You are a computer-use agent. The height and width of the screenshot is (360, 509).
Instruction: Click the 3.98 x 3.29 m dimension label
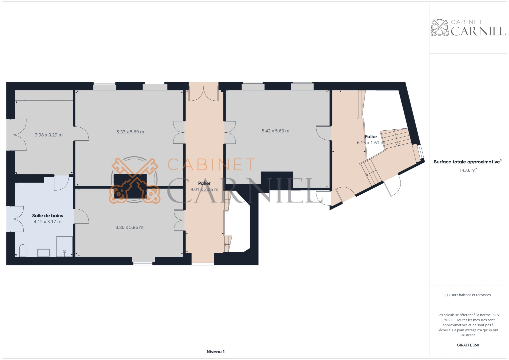(49, 135)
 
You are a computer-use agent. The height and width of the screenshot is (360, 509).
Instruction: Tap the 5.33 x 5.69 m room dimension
(130, 132)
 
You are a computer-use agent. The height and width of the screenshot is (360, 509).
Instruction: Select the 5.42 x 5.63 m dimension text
(276, 131)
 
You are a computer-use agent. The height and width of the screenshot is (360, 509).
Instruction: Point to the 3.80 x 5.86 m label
(129, 227)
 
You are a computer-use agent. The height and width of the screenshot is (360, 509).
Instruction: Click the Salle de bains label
(48, 216)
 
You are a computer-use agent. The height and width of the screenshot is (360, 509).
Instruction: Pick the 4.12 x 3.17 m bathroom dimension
(48, 222)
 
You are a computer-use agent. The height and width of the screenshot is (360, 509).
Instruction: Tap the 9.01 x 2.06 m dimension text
(204, 189)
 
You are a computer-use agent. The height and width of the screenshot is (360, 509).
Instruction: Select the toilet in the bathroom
(23, 251)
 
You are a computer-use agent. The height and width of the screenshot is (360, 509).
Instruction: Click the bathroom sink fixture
(44, 253)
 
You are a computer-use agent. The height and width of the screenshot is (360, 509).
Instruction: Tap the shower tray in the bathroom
(64, 246)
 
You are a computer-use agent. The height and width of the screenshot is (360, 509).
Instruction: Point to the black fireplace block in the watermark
(130, 186)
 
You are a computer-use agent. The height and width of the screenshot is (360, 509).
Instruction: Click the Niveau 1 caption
(215, 352)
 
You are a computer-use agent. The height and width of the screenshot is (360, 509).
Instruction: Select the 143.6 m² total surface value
(468, 170)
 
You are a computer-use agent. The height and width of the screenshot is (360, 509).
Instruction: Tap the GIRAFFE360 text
(468, 345)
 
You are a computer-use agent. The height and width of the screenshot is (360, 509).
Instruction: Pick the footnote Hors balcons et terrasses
(468, 295)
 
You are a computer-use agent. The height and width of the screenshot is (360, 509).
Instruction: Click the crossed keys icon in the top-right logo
(439, 28)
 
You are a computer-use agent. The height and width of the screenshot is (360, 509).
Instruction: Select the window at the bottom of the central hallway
(203, 264)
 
